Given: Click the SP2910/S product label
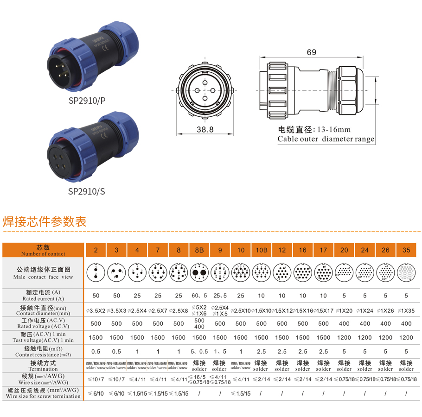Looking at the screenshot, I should pos(86,191).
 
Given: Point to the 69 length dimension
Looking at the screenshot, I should pos(311,52).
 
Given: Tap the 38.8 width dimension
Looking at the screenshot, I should pos(205,130).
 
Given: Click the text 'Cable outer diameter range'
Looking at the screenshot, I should pos(326,139).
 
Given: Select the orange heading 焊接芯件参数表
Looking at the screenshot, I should pos(45,221).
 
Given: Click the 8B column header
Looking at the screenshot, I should pos(199,250).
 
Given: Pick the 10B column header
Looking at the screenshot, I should pos(261,250).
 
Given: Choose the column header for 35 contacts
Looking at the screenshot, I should pos(406,250).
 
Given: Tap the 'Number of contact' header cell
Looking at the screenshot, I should pos(44,250).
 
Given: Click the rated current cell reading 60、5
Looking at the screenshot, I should pos(199,296).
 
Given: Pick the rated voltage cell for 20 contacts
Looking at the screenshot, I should pos(344,323).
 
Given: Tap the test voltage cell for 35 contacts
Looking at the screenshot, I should pos(406,337).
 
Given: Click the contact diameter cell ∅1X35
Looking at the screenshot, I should pos(406,310).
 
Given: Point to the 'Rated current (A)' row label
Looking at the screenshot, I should pos(44,296).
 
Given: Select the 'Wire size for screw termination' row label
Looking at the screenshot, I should pos(44,393).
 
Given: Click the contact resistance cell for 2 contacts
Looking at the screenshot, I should pos(96,351).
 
